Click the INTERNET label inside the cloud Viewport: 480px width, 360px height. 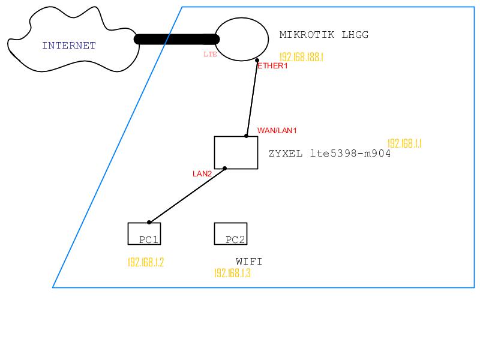tap(69, 45)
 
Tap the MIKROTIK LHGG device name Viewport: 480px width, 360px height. tap(324, 35)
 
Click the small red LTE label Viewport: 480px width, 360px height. tap(210, 54)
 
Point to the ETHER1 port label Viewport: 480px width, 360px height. tap(272, 66)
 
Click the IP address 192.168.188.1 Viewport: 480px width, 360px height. tap(302, 57)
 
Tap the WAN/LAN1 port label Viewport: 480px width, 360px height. tap(277, 130)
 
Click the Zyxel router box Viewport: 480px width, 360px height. tap(236, 152)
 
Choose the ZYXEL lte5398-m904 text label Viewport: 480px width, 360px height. tap(330, 154)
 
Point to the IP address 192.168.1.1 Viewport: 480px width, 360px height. tap(405, 143)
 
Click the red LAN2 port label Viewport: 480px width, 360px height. tap(202, 174)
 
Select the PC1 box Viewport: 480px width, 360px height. tap(144, 234)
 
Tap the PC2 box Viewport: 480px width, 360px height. tap(230, 234)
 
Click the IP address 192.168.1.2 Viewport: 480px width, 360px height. tap(146, 262)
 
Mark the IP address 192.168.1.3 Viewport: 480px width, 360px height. tap(232, 273)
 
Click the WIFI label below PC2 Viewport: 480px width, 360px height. tap(249, 262)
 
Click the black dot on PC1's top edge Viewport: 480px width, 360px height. tap(149, 223)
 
